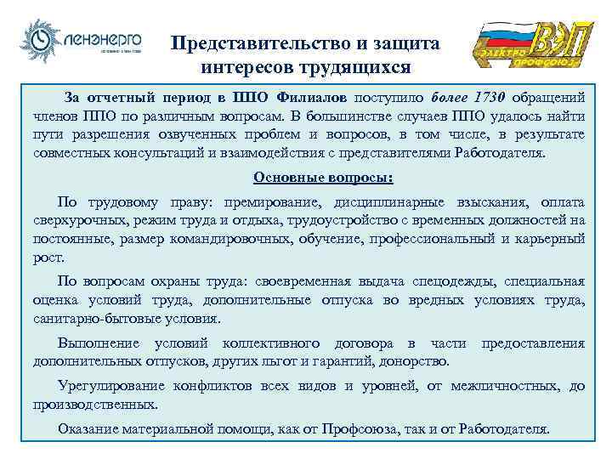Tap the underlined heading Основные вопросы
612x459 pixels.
click(312, 178)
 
